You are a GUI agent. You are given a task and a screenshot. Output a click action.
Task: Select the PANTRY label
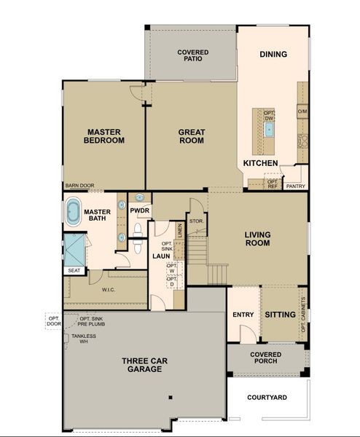(x=295, y=186)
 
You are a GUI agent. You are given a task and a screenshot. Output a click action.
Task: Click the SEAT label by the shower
(x=74, y=270)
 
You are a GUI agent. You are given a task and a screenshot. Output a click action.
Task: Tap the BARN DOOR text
(x=79, y=186)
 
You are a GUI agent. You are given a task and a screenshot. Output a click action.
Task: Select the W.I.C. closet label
(x=109, y=288)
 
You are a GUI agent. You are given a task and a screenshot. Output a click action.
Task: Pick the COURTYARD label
(x=267, y=398)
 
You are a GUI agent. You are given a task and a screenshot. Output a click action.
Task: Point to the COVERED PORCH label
(x=266, y=359)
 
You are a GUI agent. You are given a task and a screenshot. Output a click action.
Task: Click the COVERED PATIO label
(x=193, y=55)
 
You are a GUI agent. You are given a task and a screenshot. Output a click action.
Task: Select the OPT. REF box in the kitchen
(x=273, y=183)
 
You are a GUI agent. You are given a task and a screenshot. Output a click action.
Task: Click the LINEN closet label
(x=179, y=233)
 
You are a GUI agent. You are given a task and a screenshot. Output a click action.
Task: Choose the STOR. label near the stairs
(x=195, y=220)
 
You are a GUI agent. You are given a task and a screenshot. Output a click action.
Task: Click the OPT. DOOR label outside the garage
(x=54, y=321)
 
